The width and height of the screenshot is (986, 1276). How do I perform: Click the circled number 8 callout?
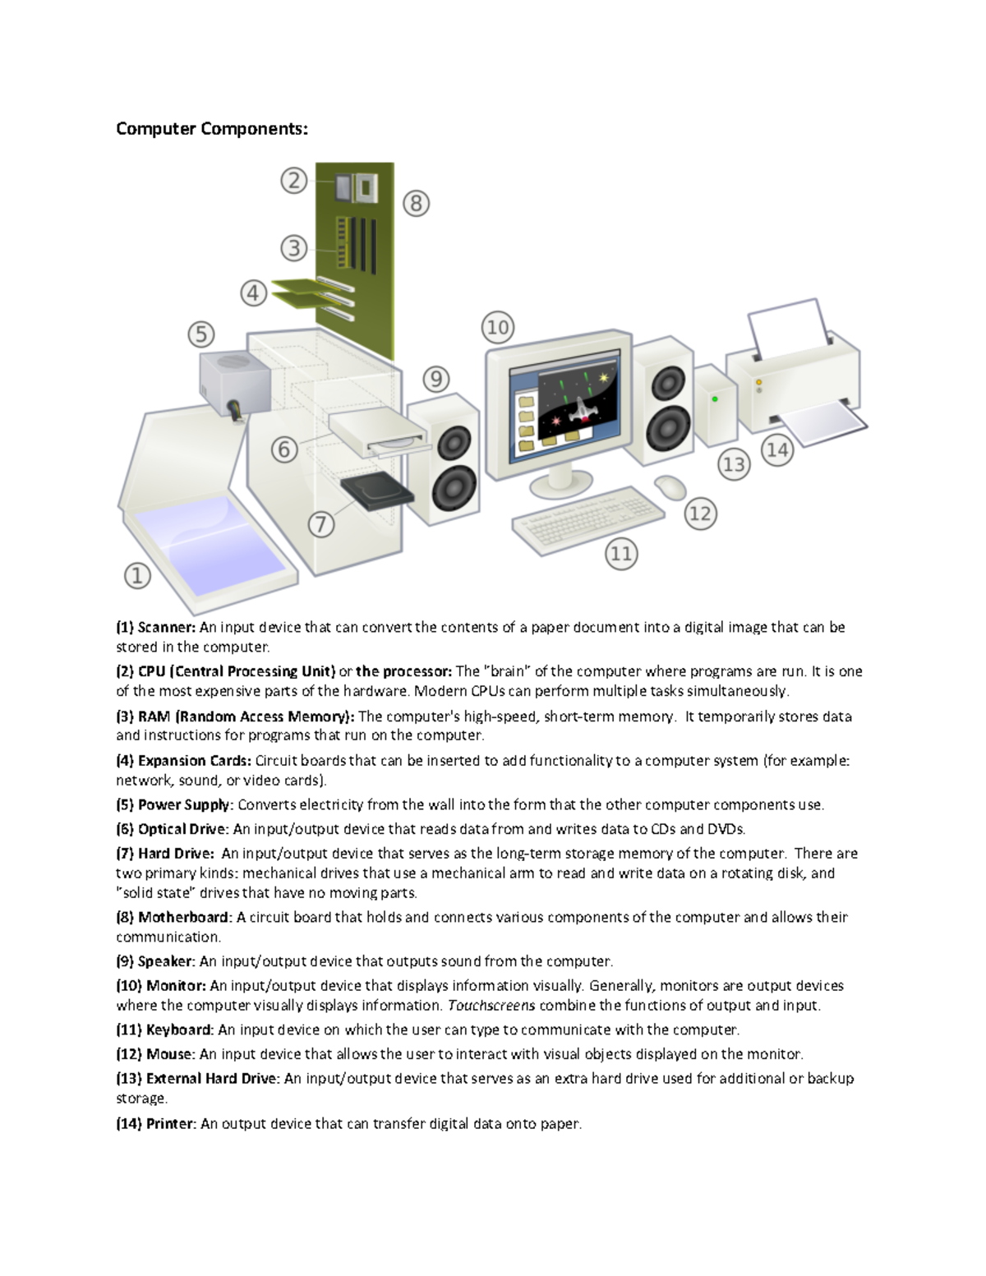[416, 203]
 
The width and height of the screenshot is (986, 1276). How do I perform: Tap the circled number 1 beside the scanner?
[137, 576]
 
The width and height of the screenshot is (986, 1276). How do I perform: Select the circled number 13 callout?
[733, 465]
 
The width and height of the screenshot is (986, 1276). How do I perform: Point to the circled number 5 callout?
[201, 334]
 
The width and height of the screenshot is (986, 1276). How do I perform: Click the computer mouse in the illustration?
[671, 486]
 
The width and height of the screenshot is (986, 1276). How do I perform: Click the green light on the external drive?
[715, 399]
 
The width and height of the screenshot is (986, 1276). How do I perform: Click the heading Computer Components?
[211, 129]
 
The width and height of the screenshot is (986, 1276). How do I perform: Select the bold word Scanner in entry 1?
[166, 628]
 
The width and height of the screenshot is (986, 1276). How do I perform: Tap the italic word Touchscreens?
[491, 1006]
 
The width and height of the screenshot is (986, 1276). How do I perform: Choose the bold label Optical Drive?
[182, 829]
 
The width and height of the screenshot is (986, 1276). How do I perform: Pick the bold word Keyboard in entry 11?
[180, 1030]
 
